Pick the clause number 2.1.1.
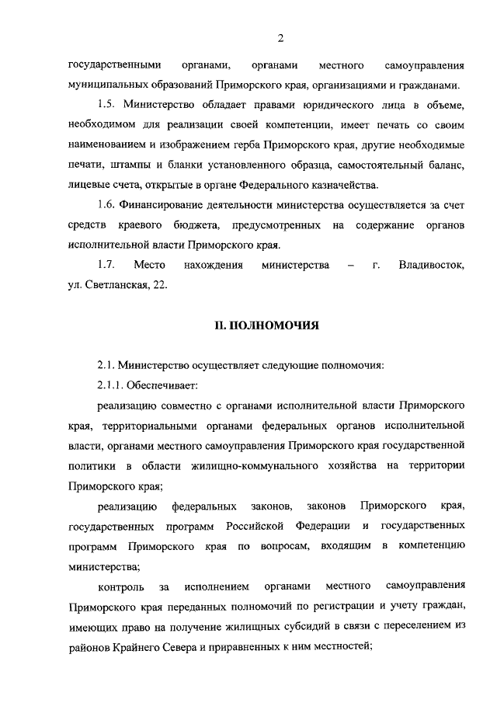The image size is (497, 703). click(112, 385)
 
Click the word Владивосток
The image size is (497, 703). click(431, 266)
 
